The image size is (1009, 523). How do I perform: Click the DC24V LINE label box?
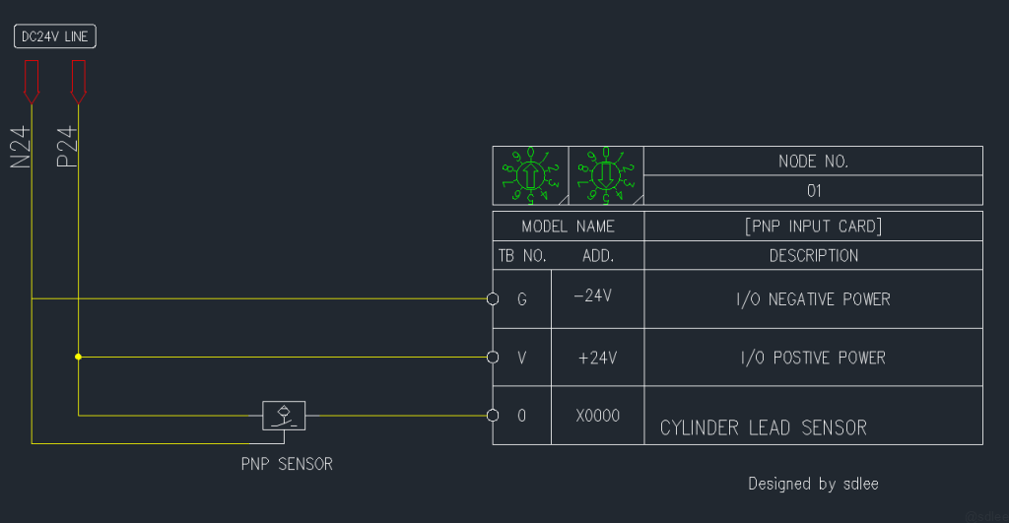[x=56, y=37]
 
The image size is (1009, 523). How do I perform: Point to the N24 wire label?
[x=22, y=148]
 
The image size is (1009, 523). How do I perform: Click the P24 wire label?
[x=68, y=148]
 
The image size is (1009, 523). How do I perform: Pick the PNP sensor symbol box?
[x=284, y=416]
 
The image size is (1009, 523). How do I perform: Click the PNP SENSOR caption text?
[x=287, y=464]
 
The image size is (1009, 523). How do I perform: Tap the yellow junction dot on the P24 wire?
[x=79, y=357]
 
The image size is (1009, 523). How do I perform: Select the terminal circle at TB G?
[x=493, y=298]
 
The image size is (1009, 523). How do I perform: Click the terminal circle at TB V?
[x=493, y=357]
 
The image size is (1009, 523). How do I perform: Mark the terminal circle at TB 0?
[x=493, y=416]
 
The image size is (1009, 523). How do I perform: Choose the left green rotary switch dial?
[x=530, y=175]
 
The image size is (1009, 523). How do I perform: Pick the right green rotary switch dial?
[x=605, y=175]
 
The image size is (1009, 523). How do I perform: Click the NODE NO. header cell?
[x=813, y=162]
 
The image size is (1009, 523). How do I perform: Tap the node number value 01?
[x=813, y=190]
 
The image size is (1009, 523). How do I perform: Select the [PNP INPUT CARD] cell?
[x=813, y=227]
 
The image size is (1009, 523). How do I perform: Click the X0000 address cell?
[x=597, y=416]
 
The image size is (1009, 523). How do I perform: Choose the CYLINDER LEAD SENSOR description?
[x=764, y=427]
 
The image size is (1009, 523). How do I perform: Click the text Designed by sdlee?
[x=813, y=484]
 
